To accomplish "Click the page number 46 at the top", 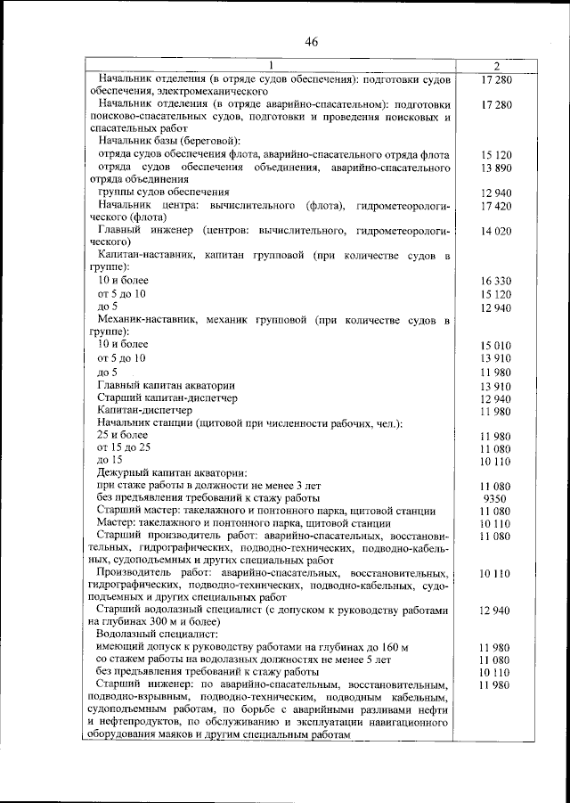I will click(x=311, y=42).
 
